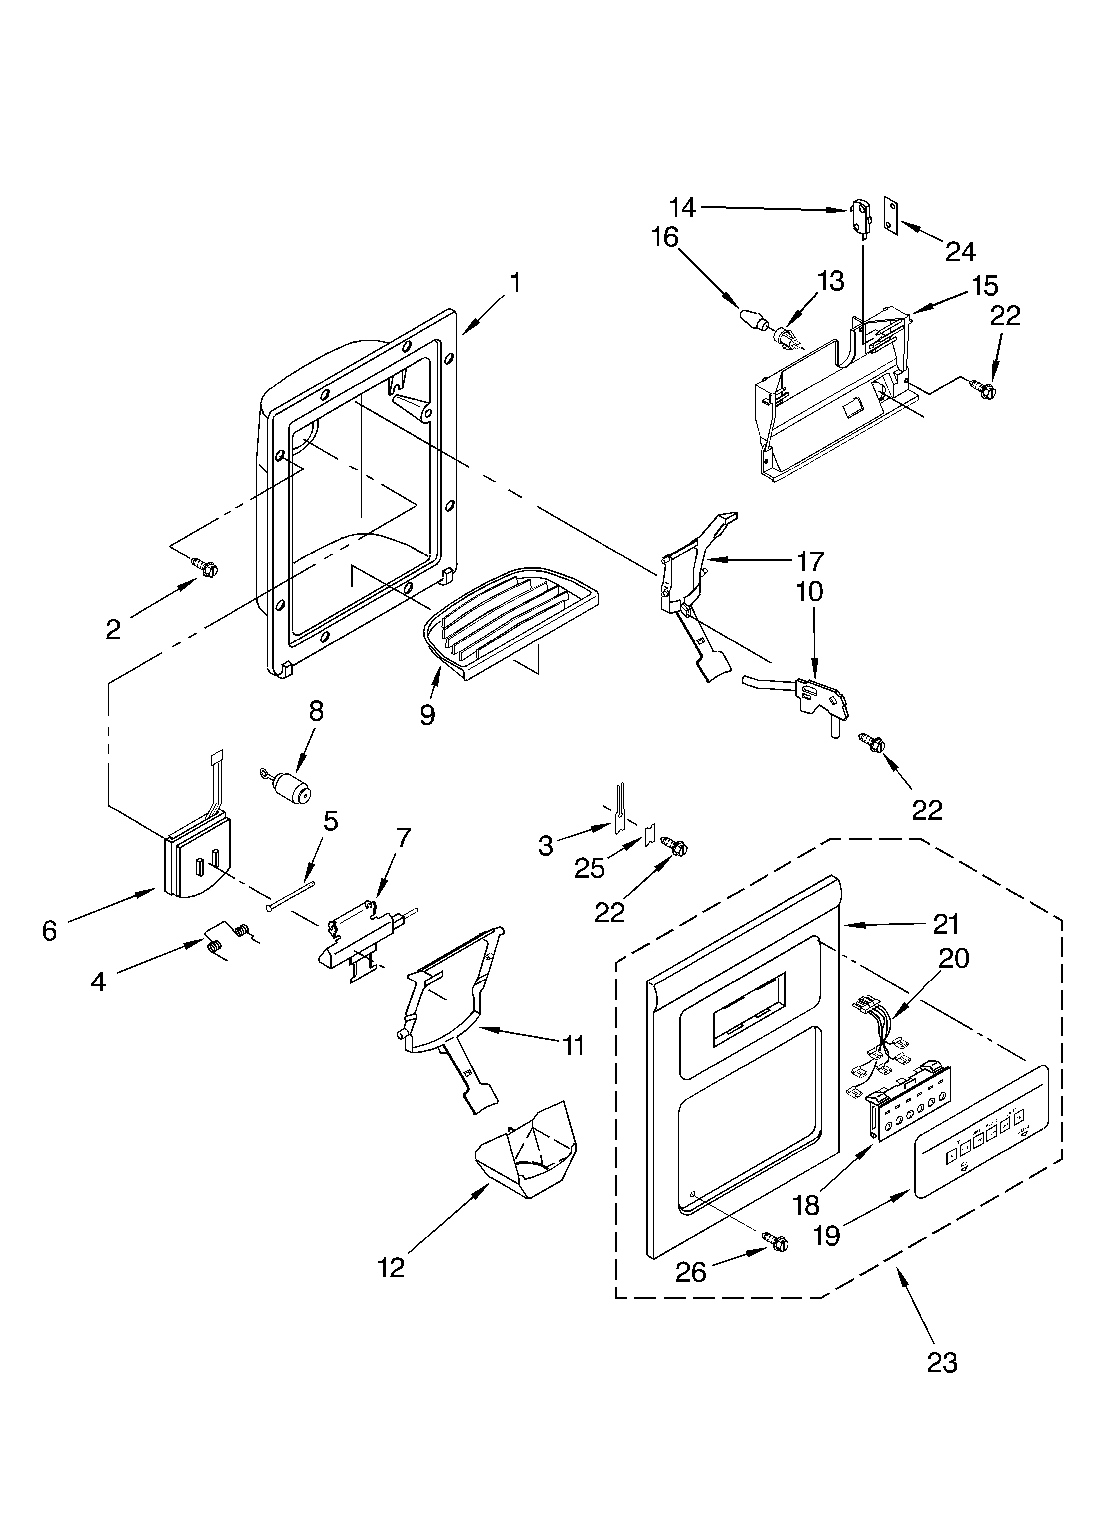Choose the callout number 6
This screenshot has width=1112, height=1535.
[x=49, y=931]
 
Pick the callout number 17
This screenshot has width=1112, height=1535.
[x=809, y=561]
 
